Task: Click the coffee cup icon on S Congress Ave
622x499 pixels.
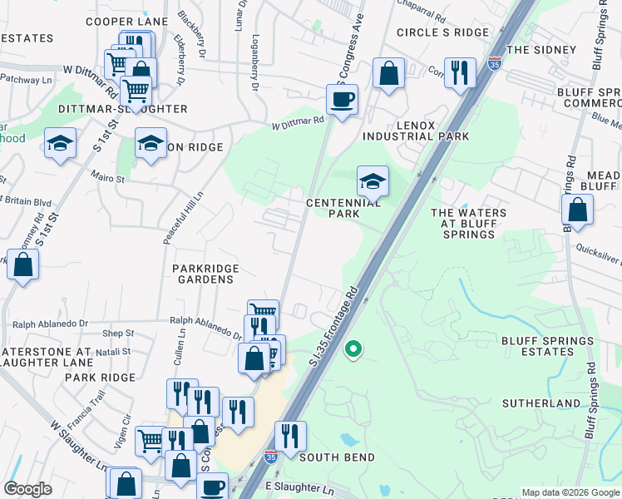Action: (342, 101)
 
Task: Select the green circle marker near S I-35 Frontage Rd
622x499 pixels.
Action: (353, 349)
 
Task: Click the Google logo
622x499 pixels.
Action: (27, 489)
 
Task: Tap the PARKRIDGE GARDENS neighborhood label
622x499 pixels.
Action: (205, 274)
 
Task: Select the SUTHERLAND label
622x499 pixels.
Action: (541, 403)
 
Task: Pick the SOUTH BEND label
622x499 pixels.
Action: (337, 457)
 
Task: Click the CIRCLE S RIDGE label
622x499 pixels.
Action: (442, 32)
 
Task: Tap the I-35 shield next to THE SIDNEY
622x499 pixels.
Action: (494, 63)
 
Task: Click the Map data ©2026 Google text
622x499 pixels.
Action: (570, 492)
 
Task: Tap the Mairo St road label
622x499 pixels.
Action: (108, 178)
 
